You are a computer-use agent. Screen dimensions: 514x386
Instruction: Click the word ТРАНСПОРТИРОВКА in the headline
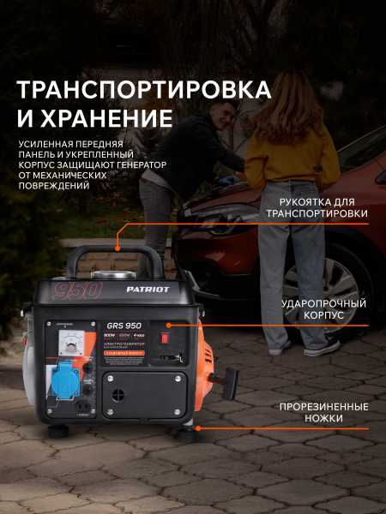click(144, 89)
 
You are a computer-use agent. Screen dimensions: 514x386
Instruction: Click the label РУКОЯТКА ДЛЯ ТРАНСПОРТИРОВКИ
click(317, 207)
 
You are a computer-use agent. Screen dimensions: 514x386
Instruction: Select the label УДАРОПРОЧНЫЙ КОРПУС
click(323, 309)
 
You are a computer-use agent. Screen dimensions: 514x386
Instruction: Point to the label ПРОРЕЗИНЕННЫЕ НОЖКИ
click(317, 411)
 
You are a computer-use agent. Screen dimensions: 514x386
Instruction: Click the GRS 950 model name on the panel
click(124, 325)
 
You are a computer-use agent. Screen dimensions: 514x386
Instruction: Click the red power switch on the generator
click(167, 327)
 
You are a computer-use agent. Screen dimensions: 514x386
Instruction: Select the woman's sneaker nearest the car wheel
click(320, 347)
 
